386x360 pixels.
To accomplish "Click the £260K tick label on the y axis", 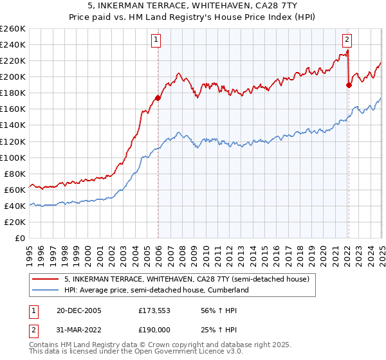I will click(x=13, y=29).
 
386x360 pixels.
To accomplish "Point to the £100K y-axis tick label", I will click(x=13, y=157).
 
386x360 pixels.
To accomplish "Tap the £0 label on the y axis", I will click(x=19, y=238).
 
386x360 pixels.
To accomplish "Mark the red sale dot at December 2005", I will click(x=158, y=98).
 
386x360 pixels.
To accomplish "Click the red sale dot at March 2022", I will click(x=349, y=85).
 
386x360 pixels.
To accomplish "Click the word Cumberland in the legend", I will click(x=227, y=290).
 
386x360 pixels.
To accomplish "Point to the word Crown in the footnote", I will click(x=160, y=345).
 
